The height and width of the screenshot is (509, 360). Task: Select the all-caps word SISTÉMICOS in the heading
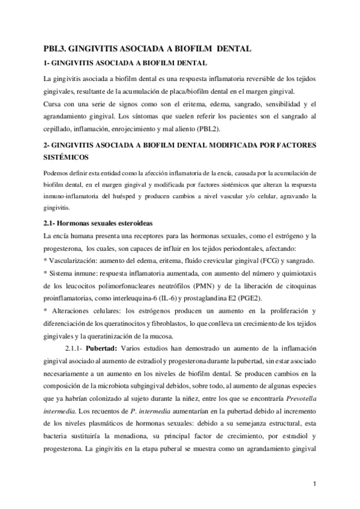tap(65, 157)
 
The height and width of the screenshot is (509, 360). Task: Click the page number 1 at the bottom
tap(315, 483)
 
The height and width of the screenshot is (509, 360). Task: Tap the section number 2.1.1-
tap(74, 348)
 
